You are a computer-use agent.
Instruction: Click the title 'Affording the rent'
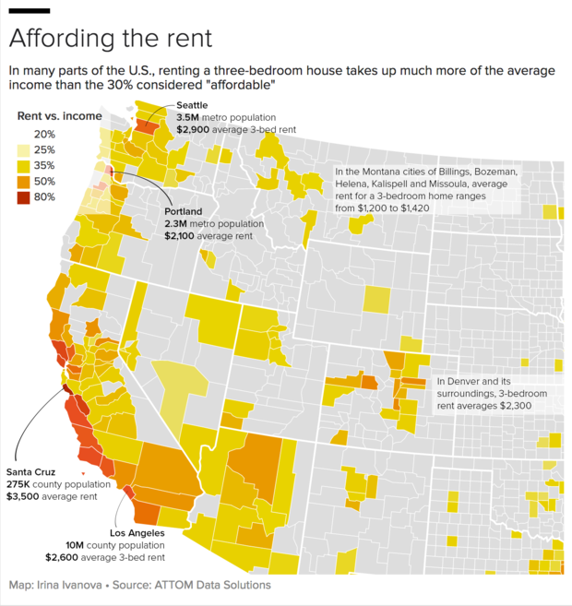111,39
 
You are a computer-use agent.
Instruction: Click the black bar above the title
29,10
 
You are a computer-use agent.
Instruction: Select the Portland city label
184,211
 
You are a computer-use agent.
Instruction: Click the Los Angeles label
137,533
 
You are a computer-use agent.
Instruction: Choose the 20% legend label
45,135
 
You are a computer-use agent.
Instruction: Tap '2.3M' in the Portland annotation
175,224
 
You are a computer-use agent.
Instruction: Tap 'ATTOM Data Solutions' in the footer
213,586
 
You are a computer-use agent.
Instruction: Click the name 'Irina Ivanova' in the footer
75,586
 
